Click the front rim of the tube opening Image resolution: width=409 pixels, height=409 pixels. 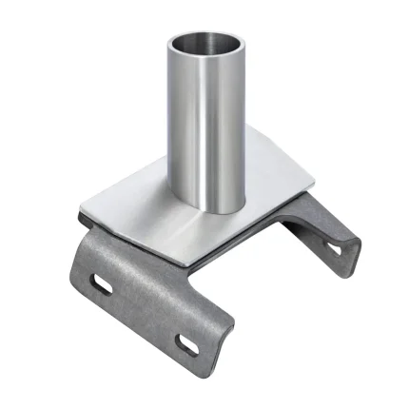tap(206, 56)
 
